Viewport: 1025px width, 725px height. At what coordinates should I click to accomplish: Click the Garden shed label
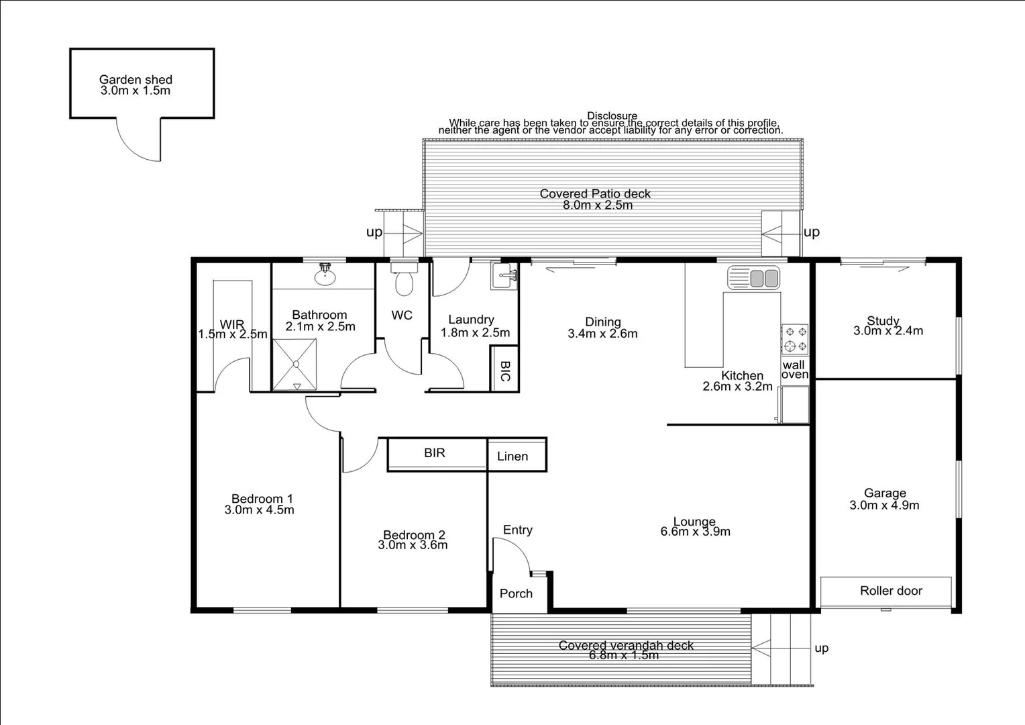[136, 80]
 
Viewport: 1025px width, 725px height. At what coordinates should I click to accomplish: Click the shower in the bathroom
[294, 364]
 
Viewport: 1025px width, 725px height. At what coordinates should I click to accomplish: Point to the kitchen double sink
[753, 278]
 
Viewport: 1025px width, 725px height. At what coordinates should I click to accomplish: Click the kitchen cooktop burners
[795, 339]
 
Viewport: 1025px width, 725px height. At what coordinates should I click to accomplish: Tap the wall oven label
[794, 370]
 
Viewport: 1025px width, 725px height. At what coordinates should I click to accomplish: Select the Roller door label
[891, 591]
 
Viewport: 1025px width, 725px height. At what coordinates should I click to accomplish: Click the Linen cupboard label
[512, 456]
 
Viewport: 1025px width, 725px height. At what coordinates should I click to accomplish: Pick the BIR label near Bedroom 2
[435, 453]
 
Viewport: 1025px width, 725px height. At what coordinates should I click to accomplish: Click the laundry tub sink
[504, 276]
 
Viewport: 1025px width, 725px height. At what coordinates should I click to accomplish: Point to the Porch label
[516, 593]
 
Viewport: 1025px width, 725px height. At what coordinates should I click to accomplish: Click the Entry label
[518, 530]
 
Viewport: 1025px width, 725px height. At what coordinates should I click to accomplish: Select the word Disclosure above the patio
[612, 116]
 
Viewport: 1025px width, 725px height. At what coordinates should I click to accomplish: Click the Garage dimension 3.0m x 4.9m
[884, 505]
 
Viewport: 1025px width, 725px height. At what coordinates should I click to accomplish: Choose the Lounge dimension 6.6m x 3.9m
[695, 532]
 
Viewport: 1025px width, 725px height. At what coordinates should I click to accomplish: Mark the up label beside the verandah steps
[821, 648]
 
